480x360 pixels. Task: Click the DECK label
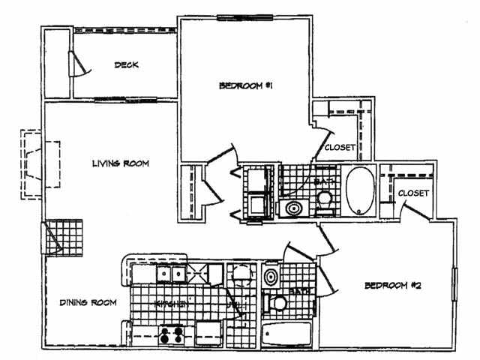[x=126, y=65]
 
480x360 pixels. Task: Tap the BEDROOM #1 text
[x=244, y=86]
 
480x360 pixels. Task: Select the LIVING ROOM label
[x=120, y=163]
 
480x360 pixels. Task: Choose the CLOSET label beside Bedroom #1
[x=340, y=148]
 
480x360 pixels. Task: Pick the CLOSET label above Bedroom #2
[x=412, y=193]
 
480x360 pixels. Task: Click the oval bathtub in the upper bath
[x=359, y=190]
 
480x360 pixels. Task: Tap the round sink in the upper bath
[x=292, y=208]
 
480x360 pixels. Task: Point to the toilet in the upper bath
[x=325, y=201]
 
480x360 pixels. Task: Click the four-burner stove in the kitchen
[x=171, y=334]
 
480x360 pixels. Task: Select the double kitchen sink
[x=172, y=274]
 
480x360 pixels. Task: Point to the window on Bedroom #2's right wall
[x=454, y=285]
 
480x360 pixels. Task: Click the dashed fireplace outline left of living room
[x=32, y=165]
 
